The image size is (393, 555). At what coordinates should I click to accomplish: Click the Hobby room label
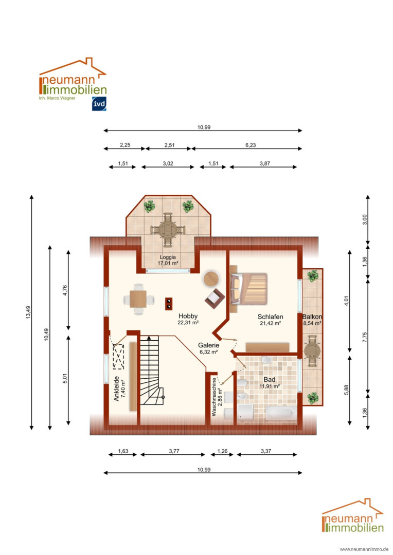[188, 316]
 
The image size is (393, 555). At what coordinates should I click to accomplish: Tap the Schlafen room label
[270, 317]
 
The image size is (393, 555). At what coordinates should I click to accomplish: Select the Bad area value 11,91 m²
[270, 386]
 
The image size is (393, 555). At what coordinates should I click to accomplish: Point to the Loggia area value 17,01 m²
[168, 263]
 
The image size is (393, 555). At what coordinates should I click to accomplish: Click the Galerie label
[208, 345]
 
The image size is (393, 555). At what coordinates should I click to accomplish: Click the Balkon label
[312, 317]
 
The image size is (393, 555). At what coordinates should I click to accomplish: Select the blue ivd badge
[99, 104]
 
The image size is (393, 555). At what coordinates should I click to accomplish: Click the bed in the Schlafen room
[248, 289]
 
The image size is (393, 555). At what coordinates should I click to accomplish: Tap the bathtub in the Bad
[281, 413]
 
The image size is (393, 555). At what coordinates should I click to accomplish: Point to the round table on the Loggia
[168, 230]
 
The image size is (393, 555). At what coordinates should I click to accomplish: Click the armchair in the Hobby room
[215, 299]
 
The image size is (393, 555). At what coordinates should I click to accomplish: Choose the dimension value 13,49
[28, 312]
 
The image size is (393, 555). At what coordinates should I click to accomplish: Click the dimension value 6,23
[251, 145]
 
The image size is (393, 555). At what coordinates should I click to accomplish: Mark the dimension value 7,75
[365, 337]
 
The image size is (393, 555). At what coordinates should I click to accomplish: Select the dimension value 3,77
[174, 451]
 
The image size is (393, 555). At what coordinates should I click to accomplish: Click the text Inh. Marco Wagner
[57, 98]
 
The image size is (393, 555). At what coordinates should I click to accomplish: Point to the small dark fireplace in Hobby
[169, 304]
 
